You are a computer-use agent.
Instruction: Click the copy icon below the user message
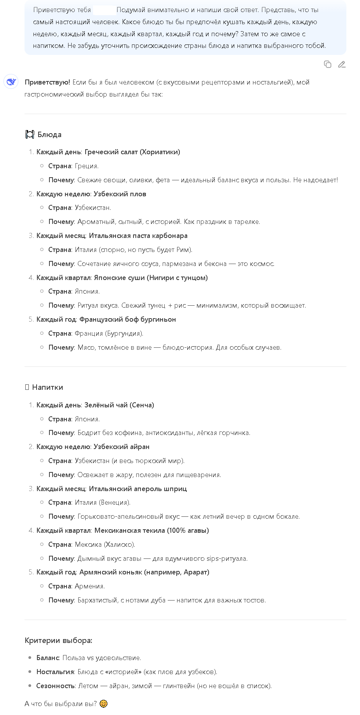click(x=327, y=64)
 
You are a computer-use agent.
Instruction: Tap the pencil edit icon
click(x=342, y=64)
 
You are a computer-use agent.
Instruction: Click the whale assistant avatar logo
click(x=11, y=82)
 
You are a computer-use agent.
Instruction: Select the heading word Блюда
click(x=49, y=135)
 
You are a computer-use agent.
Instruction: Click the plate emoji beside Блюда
click(x=30, y=135)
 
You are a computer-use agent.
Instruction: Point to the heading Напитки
click(x=47, y=387)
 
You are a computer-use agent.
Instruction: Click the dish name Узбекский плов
click(x=120, y=194)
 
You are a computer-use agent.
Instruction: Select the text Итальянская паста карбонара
click(x=138, y=236)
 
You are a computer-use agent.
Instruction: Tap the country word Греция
click(x=87, y=166)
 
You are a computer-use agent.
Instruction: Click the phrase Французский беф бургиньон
click(x=128, y=319)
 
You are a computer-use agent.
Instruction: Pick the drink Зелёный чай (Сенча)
click(x=119, y=405)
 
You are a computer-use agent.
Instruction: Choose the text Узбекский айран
click(x=121, y=447)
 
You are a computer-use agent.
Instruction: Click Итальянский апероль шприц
click(x=138, y=489)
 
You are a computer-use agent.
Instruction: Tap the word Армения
click(x=90, y=586)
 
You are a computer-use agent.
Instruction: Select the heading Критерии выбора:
click(x=58, y=641)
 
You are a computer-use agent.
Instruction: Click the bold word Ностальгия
click(x=55, y=672)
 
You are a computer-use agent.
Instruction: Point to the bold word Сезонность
click(x=55, y=686)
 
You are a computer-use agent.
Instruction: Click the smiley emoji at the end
click(x=104, y=704)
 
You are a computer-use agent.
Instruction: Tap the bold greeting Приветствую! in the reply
click(x=47, y=82)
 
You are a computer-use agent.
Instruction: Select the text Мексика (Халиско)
click(x=105, y=544)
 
